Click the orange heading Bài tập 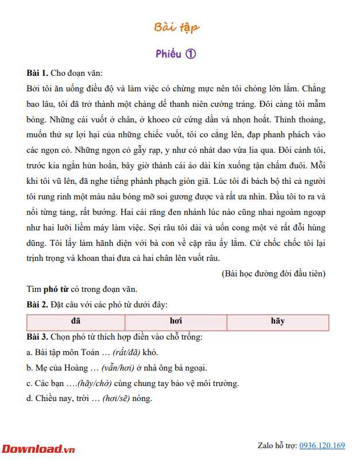[177, 28]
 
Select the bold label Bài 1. [37, 73]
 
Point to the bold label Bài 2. [37, 305]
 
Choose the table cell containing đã [75, 321]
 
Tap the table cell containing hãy [277, 321]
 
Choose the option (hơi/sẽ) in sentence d [116, 399]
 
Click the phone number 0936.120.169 [322, 445]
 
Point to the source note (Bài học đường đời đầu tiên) [273, 274]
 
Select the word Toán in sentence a [86, 352]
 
